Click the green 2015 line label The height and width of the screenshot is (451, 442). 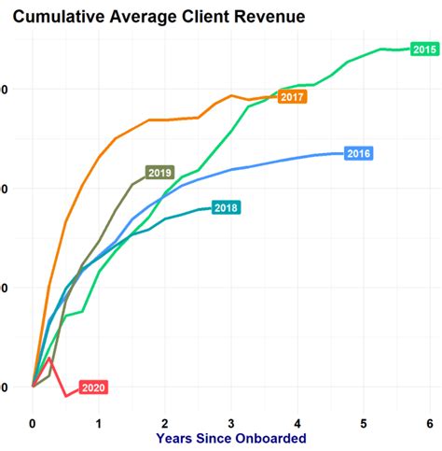[424, 49]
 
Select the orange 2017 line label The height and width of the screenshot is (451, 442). [293, 97]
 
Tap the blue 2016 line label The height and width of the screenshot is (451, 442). [359, 153]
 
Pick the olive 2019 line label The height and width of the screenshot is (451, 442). [159, 173]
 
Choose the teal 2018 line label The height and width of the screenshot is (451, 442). [226, 207]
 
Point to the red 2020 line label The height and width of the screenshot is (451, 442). [93, 388]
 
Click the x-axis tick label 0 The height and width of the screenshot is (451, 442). [33, 421]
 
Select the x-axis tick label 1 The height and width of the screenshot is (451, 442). [99, 421]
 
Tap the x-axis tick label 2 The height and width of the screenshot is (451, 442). [165, 421]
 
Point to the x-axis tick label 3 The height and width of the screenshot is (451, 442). [231, 421]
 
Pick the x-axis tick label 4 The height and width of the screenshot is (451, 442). [297, 421]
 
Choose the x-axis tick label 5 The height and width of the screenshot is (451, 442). [364, 421]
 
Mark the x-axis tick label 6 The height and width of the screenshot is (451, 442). [430, 421]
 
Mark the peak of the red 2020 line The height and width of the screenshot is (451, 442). [49, 358]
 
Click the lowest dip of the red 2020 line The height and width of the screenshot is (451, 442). [65, 396]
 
